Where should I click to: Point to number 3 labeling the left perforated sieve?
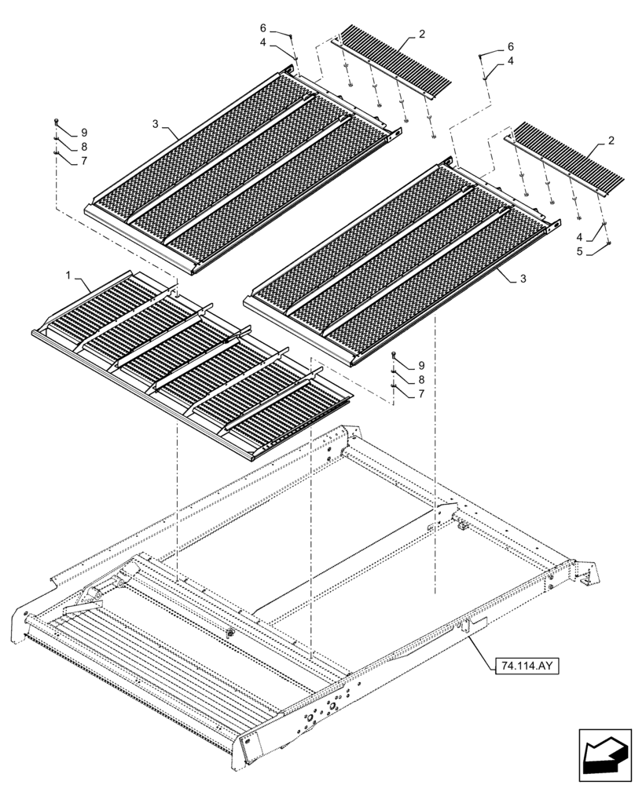pyautogui.click(x=156, y=124)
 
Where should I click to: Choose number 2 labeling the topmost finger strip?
pyautogui.click(x=422, y=35)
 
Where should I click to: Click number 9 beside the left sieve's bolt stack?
pyautogui.click(x=83, y=133)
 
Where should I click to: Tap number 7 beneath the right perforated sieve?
pyautogui.click(x=420, y=393)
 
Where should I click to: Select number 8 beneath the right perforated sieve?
pyautogui.click(x=420, y=379)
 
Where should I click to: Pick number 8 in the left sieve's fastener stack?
pyautogui.click(x=83, y=147)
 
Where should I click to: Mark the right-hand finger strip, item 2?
pyautogui.click(x=566, y=161)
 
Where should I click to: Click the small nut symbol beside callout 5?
pyautogui.click(x=609, y=244)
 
